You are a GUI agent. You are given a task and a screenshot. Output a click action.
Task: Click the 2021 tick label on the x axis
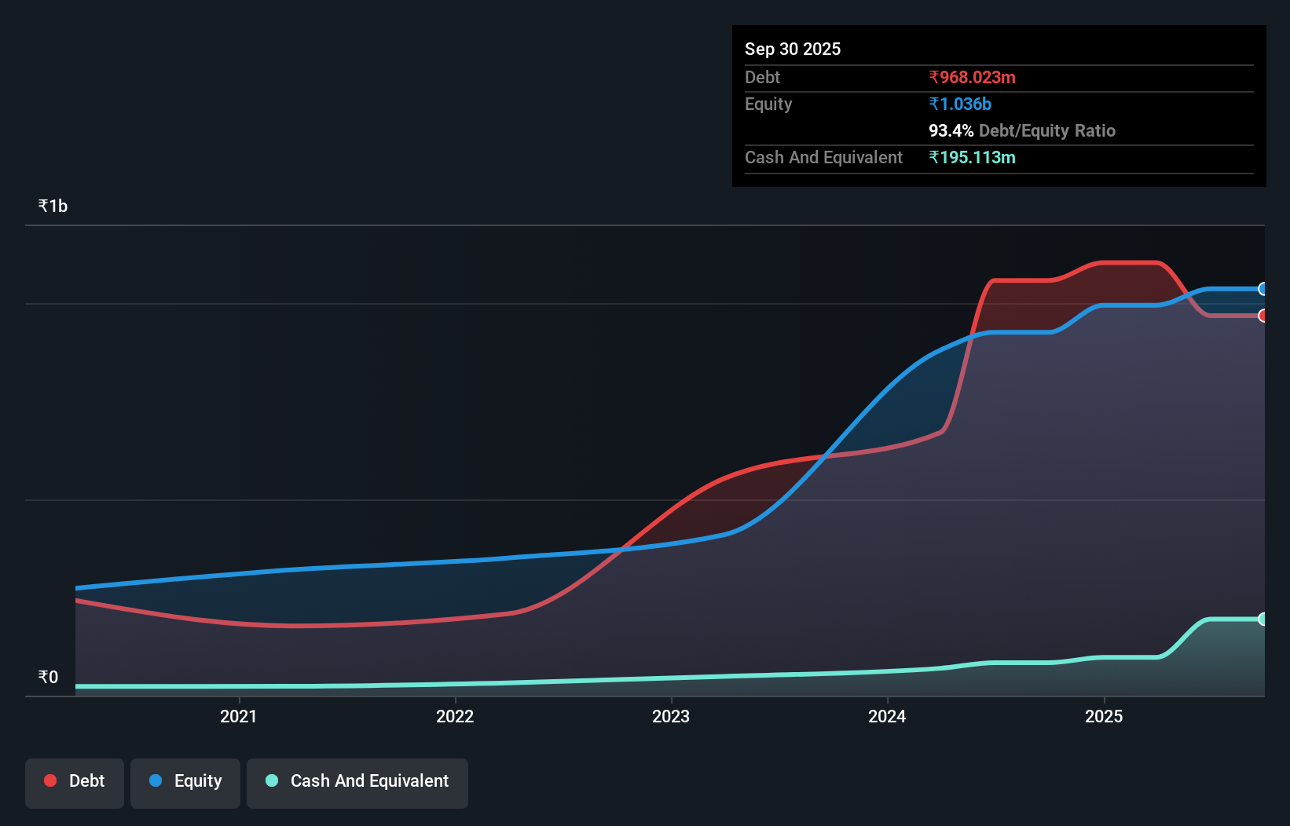coord(238,716)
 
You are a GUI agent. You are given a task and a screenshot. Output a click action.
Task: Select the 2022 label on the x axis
coord(455,716)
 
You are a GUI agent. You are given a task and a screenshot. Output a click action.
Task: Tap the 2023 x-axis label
coord(671,716)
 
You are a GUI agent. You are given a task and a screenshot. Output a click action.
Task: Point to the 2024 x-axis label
coord(887,716)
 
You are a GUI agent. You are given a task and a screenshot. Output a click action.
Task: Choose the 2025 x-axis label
coord(1104,716)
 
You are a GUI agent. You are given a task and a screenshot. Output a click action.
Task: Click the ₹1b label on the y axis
coord(53,206)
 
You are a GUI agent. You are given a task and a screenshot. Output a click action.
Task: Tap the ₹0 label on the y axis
coord(48,677)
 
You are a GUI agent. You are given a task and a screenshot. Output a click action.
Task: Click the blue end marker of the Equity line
coord(1263,289)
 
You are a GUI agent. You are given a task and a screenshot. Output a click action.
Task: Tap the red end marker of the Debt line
coord(1263,316)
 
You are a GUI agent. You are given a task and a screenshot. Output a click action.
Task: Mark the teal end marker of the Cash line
coord(1263,619)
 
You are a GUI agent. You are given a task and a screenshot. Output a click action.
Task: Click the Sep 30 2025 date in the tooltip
coord(792,49)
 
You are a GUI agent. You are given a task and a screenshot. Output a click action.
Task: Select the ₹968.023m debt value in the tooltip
coord(972,77)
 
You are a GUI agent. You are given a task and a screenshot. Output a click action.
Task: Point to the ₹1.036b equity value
coord(960,104)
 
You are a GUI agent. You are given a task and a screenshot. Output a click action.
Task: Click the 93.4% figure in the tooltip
coord(951,130)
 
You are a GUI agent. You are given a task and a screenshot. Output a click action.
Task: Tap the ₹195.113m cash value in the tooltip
coord(972,157)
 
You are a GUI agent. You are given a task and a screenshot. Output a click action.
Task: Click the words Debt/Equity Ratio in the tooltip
coord(1046,130)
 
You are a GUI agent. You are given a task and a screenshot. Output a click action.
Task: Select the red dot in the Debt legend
coord(50,780)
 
